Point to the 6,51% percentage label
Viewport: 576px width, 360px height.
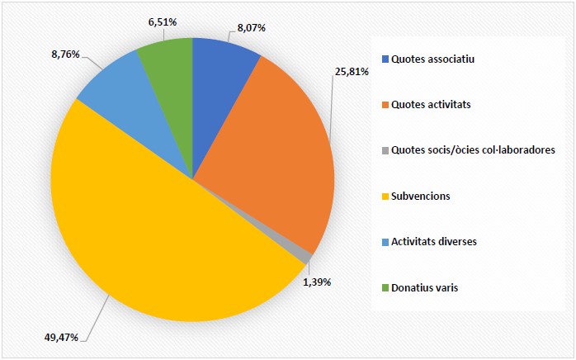pos(165,21)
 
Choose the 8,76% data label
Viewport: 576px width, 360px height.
pos(63,54)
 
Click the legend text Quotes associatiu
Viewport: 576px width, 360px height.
pos(433,59)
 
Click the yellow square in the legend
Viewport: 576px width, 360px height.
pos(385,197)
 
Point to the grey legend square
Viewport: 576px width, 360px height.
pos(385,150)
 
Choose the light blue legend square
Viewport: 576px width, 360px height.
pos(385,242)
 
